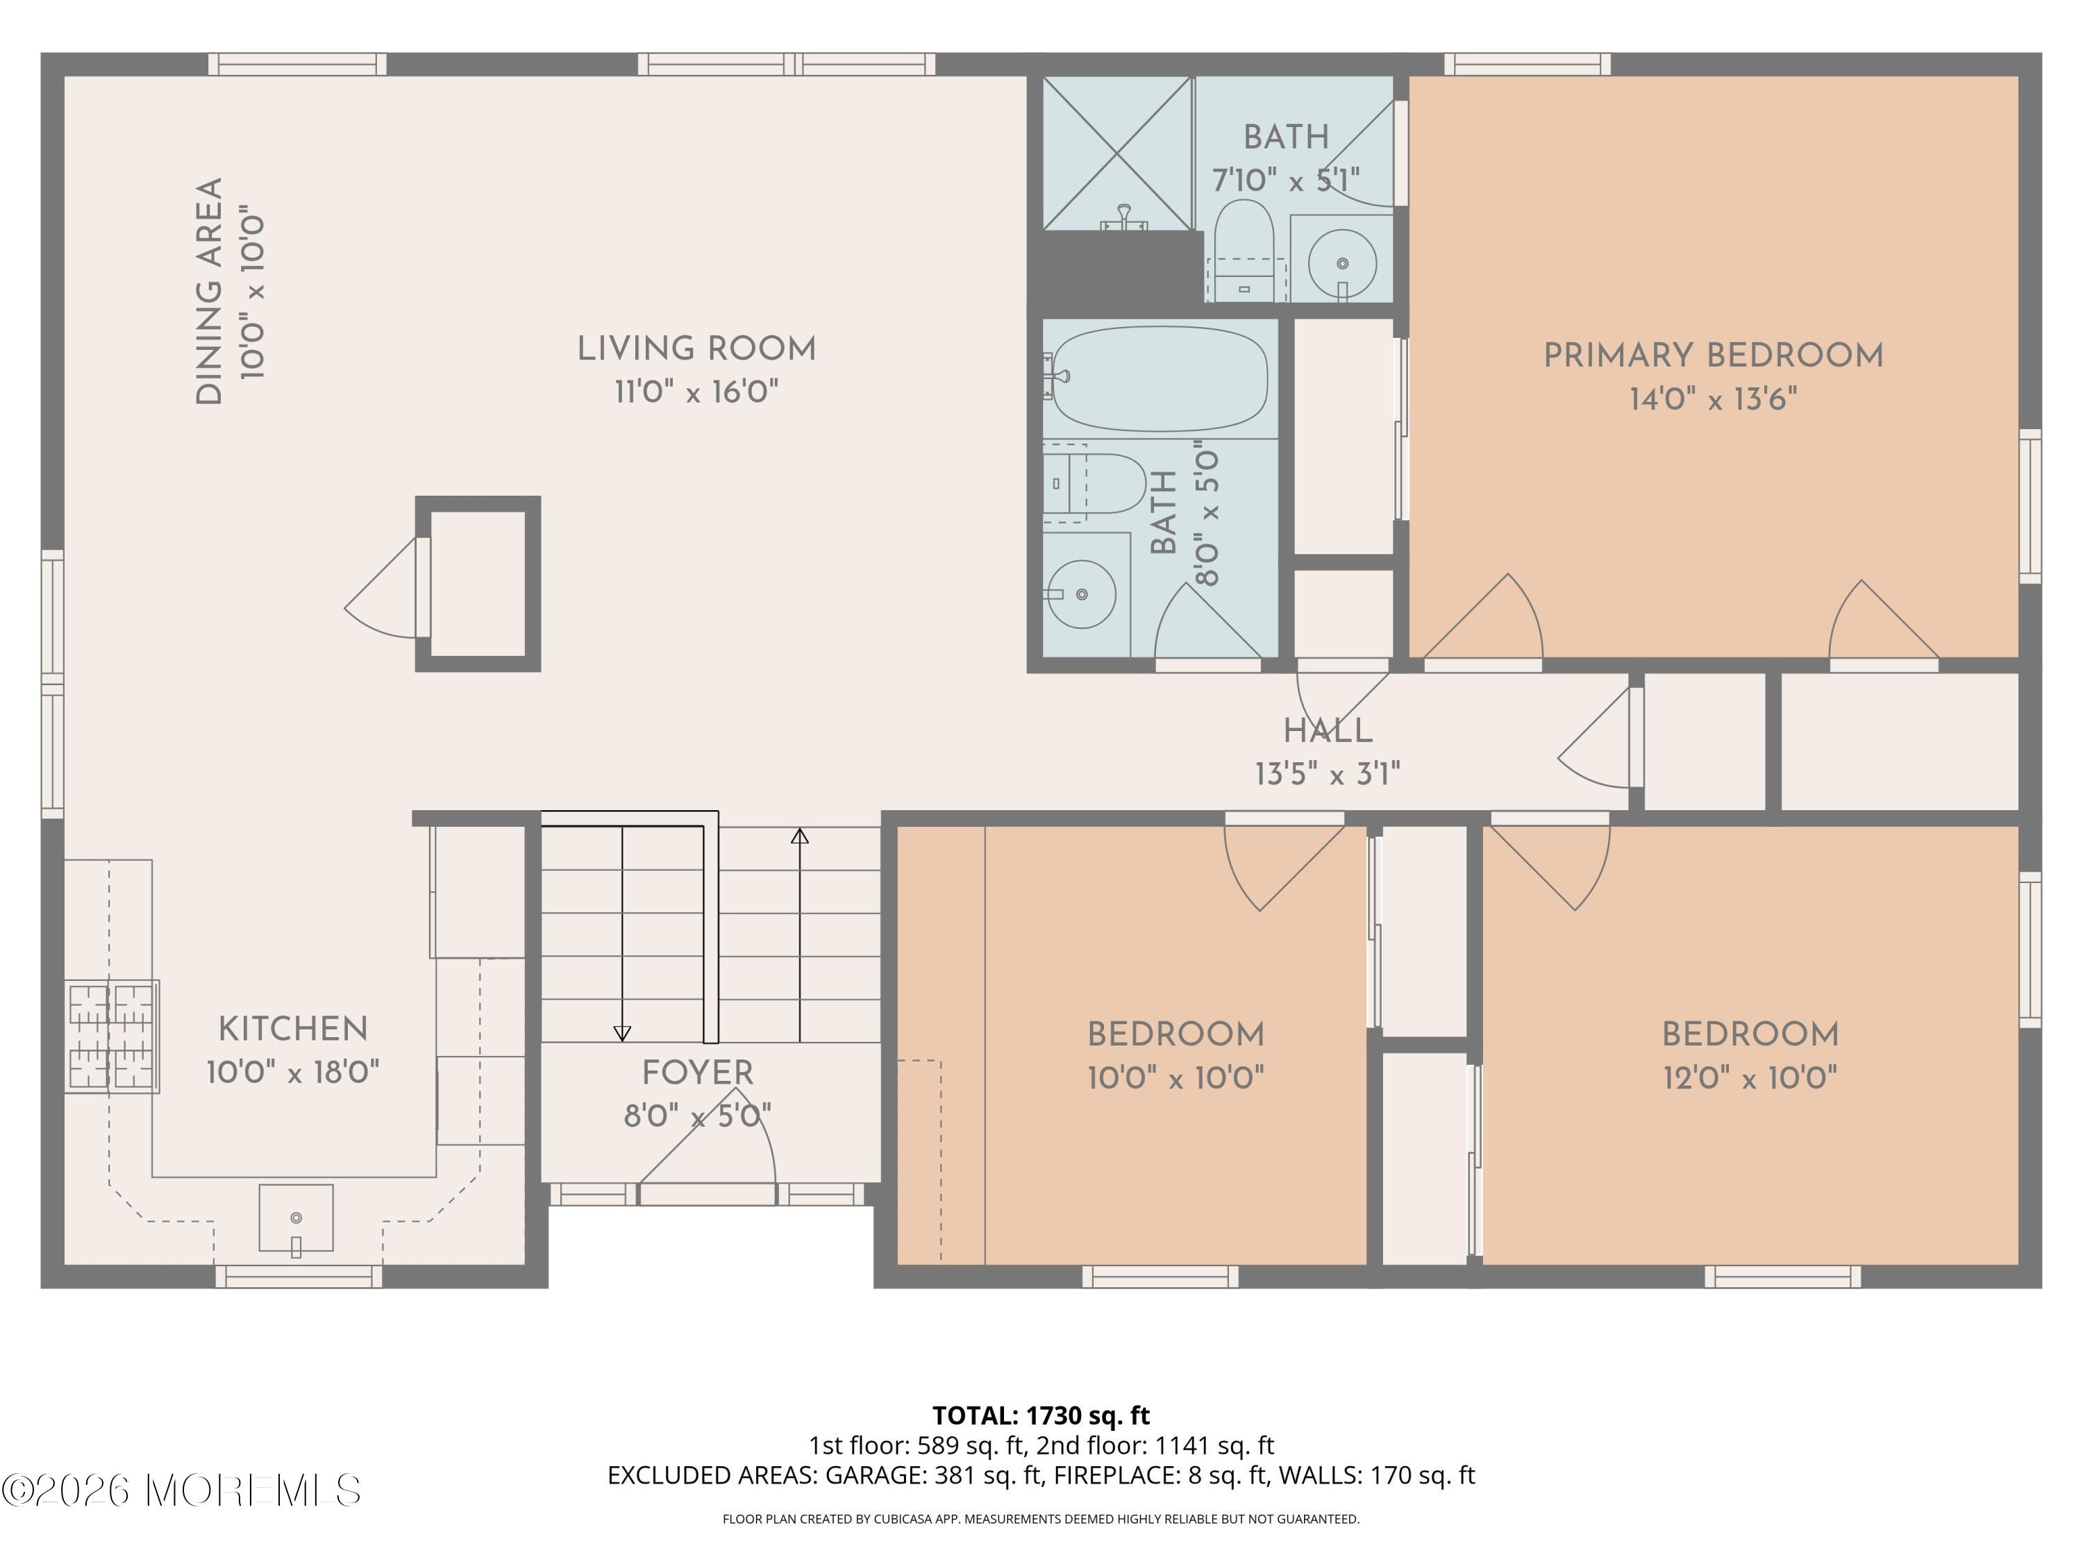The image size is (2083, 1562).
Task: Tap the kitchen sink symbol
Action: click(296, 1218)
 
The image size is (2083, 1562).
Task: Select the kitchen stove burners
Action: click(111, 1036)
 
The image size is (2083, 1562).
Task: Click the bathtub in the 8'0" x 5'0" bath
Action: click(1160, 378)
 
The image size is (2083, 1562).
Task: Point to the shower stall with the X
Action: click(1116, 153)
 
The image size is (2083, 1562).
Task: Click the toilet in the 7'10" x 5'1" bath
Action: click(1244, 249)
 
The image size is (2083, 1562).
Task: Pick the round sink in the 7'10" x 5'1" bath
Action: click(1342, 264)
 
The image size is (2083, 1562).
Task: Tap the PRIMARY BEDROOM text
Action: click(1713, 356)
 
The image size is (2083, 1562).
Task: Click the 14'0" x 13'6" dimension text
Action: click(1713, 399)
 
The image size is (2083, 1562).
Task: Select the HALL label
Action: click(1328, 730)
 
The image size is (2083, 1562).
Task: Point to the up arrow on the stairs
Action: click(799, 836)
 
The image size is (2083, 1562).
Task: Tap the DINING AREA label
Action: click(209, 292)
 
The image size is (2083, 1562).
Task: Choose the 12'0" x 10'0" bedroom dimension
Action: click(1750, 1077)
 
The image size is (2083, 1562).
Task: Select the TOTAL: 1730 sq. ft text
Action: click(1041, 1415)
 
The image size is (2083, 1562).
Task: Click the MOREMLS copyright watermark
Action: click(181, 1490)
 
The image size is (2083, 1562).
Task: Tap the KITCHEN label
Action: click(293, 1029)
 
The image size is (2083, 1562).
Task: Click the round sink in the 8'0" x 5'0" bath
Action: click(1081, 594)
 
